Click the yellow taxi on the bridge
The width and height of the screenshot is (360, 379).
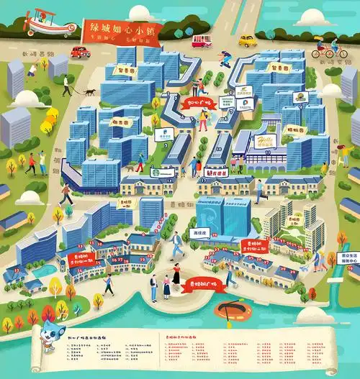pyautogui.click(x=247, y=40)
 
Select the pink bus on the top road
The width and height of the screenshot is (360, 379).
pyautogui.click(x=202, y=41)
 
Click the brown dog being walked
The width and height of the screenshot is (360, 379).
pyautogui.click(x=89, y=91)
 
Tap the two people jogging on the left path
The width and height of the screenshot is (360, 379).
pyautogui.click(x=36, y=163)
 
